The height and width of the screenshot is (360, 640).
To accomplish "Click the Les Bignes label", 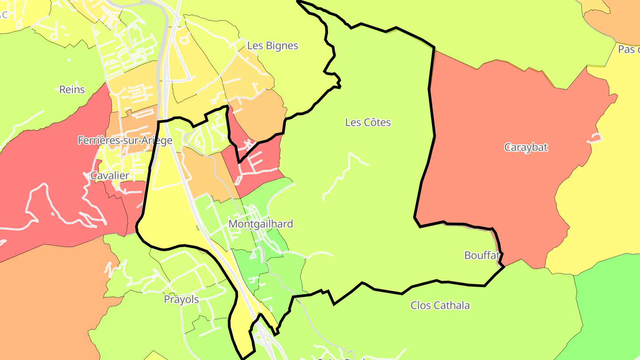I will [x=272, y=46].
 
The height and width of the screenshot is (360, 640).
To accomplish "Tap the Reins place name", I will [x=72, y=89].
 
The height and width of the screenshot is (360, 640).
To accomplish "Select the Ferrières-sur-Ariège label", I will [x=125, y=140].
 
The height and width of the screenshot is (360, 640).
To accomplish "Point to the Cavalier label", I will [x=110, y=175].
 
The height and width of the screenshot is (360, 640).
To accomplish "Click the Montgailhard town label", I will [x=261, y=224].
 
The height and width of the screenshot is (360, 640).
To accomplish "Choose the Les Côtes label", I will [x=368, y=122].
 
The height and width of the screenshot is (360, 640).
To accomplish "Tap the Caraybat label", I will [x=526, y=148].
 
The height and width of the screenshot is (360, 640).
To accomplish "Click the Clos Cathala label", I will [x=440, y=305].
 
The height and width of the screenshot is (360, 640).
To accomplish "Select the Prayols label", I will [x=181, y=300].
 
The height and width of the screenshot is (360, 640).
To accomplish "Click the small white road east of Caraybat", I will [x=596, y=139].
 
